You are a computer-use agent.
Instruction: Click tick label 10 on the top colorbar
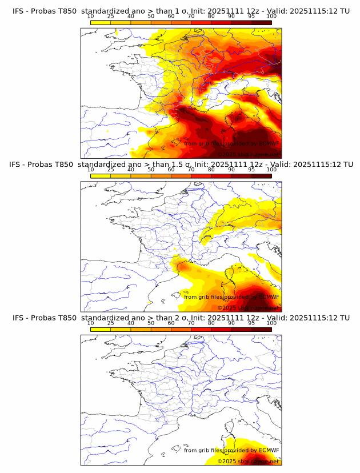point(90,17)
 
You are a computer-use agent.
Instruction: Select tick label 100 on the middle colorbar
point(271,170)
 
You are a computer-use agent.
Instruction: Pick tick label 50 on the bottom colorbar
point(151,323)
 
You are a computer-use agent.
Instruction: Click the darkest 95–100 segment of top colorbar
point(261,22)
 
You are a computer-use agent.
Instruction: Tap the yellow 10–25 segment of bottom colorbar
point(101,329)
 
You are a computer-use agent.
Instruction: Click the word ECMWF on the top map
point(269,143)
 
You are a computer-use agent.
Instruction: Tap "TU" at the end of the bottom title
point(345,318)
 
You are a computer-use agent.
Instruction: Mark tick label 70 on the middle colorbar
point(191,170)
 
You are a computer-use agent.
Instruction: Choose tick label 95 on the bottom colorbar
point(251,323)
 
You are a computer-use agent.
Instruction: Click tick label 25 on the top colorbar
point(110,17)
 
